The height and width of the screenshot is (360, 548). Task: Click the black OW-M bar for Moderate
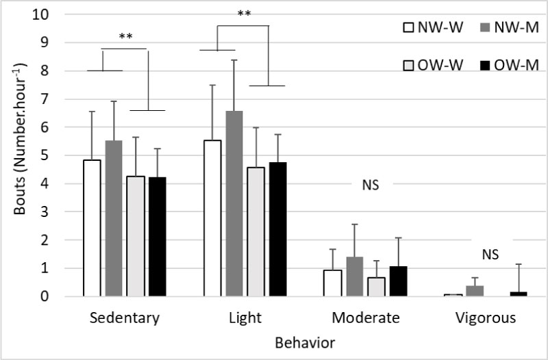(x=397, y=281)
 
